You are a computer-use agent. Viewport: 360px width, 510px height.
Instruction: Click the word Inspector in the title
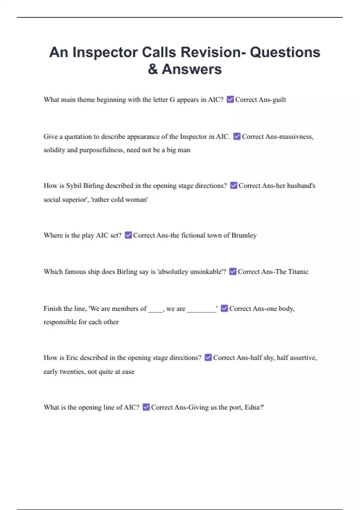point(105,52)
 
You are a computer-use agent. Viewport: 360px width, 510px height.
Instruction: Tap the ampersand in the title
point(153,69)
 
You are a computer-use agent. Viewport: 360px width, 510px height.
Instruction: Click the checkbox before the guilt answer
point(230,99)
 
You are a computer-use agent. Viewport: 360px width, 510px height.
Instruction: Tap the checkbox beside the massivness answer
point(237,136)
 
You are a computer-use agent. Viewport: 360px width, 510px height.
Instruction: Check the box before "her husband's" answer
point(234,185)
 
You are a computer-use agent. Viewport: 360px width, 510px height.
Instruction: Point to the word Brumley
point(244,235)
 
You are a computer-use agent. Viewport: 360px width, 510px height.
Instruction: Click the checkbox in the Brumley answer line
point(128,235)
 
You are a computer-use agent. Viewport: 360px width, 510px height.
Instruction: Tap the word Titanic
point(298,272)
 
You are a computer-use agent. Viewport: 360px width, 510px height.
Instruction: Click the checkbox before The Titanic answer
point(233,271)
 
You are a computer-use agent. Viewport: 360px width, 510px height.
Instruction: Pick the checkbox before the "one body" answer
point(224,308)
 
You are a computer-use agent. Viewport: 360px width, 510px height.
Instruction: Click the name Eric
point(72,358)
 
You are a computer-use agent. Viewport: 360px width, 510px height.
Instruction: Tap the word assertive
point(303,358)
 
